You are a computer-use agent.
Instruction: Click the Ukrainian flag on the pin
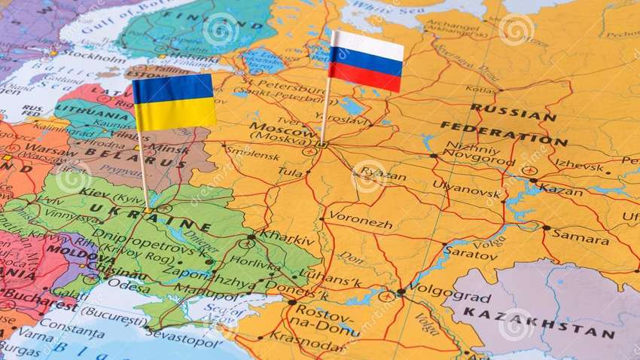pyautogui.click(x=174, y=102)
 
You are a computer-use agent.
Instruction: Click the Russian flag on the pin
pyautogui.click(x=366, y=62)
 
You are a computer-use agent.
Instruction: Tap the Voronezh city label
pyautogui.click(x=361, y=224)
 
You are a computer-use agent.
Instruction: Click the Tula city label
pyautogui.click(x=290, y=172)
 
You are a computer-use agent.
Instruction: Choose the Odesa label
pyautogui.click(x=130, y=285)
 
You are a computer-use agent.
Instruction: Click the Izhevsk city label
pyautogui.click(x=579, y=166)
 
